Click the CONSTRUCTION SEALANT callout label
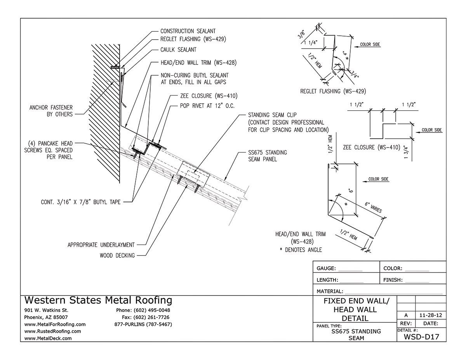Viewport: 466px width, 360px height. pos(188,31)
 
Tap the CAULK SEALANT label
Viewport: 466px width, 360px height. pos(178,50)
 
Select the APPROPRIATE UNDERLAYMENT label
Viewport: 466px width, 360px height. pos(101,245)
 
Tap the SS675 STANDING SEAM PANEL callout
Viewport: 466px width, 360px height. pos(268,156)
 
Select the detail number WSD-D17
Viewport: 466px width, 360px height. pos(422,336)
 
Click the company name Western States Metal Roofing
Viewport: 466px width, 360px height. pos(98,300)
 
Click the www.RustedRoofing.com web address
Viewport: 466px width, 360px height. pos(52,331)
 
